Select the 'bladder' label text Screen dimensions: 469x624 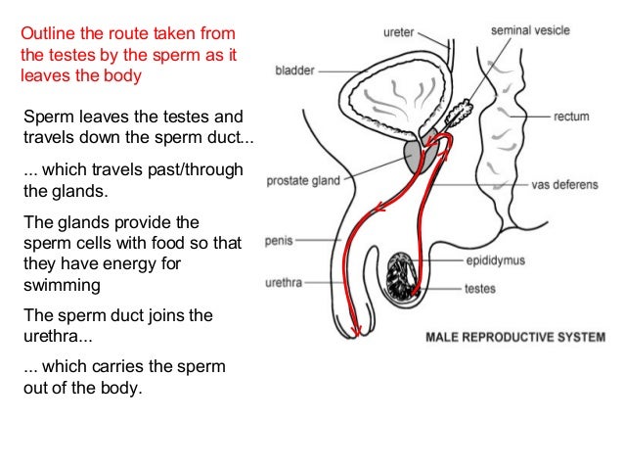tap(294, 70)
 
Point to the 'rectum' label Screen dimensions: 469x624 tap(571, 117)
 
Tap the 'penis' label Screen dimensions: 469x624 tap(280, 239)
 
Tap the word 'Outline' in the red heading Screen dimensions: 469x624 tap(47, 33)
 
